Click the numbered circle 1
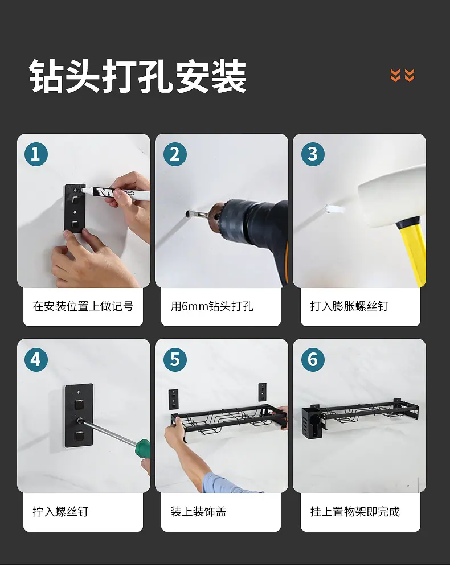click(x=36, y=154)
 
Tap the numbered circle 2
click(x=175, y=154)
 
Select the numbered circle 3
click(x=313, y=154)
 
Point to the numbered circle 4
click(x=36, y=360)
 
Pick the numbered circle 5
click(x=175, y=360)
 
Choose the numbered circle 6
click(x=313, y=360)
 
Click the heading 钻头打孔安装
click(x=138, y=76)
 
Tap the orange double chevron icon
click(x=402, y=75)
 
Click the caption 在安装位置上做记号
click(x=83, y=306)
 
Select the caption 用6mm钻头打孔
click(x=212, y=306)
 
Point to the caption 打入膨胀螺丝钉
click(x=349, y=306)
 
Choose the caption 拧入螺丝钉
click(x=60, y=512)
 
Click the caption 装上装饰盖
click(x=198, y=512)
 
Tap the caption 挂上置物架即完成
click(x=355, y=512)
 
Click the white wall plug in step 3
click(x=334, y=209)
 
